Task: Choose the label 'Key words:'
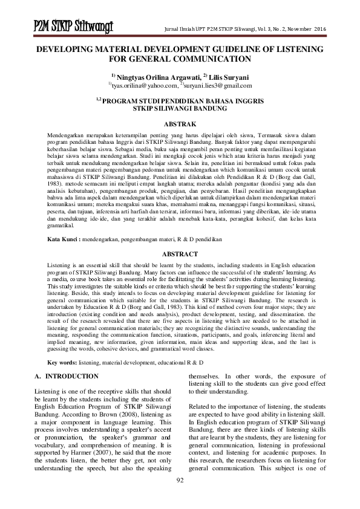point(62,361)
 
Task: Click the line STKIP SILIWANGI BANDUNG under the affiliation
point(180,108)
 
